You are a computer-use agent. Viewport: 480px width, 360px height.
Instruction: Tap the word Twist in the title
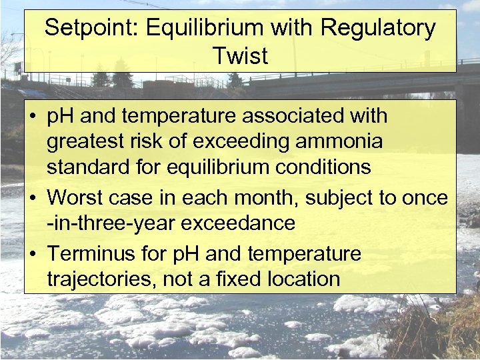pos(240,56)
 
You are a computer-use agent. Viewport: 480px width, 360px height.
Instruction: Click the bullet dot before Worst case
pos(32,198)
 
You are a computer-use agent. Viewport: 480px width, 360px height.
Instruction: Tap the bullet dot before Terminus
pos(32,254)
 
